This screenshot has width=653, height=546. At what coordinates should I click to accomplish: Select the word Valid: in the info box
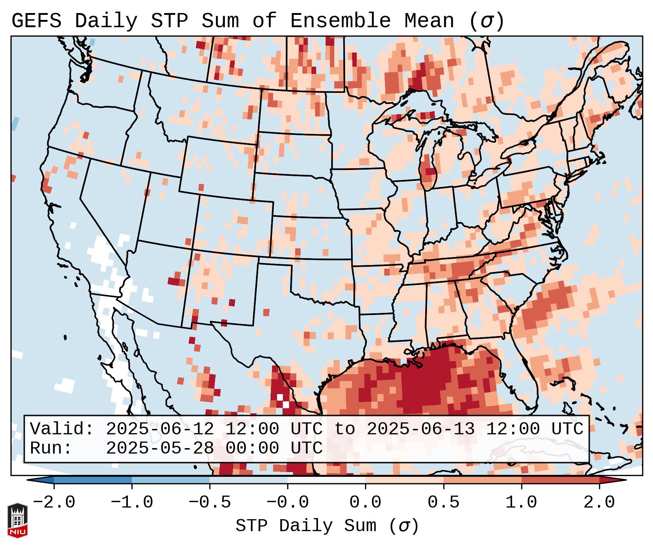click(x=62, y=429)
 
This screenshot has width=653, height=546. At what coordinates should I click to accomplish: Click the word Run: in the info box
click(x=51, y=448)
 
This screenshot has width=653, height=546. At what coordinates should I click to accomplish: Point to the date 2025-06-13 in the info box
click(x=420, y=429)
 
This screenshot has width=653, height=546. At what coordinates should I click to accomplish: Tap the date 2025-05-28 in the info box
click(x=160, y=448)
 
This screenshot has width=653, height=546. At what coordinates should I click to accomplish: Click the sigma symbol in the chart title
click(x=486, y=21)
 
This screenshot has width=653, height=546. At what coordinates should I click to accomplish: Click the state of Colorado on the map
click(x=234, y=225)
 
